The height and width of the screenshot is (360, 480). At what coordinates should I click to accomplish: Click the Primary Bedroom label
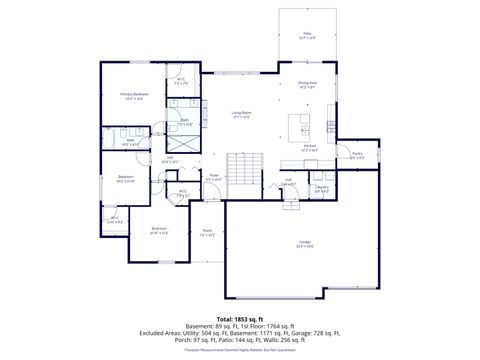pos(133,95)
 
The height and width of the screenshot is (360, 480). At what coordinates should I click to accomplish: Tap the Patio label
pos(307,35)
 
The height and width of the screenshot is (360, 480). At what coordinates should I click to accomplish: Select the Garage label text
pos(303,243)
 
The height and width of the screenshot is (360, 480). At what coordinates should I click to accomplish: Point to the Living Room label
pos(241,114)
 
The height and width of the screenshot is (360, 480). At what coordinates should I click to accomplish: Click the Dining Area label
pos(307,84)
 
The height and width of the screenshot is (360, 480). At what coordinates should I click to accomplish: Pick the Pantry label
pos(357,154)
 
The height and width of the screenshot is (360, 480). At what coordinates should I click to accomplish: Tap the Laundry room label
pos(322,187)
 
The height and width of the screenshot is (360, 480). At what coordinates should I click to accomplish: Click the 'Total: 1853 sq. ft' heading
pos(239,319)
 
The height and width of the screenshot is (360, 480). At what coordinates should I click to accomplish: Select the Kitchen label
pos(311,148)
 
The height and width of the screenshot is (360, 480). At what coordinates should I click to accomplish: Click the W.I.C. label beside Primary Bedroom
pos(181,81)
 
